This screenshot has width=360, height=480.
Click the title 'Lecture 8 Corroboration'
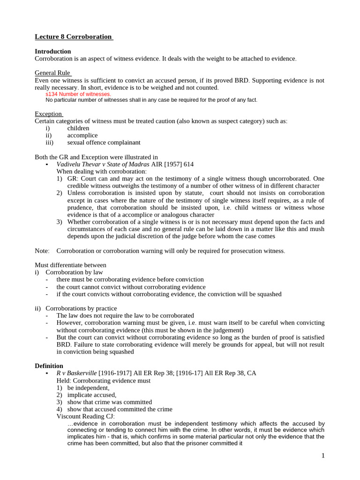pyautogui.click(x=74, y=37)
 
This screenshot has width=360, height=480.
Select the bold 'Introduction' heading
pyautogui.click(x=53, y=51)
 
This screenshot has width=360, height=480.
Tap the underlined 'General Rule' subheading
pyautogui.click(x=52, y=73)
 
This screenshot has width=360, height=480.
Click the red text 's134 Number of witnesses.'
pyautogui.click(x=78, y=94)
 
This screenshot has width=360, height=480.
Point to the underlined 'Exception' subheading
pyautogui.click(x=49, y=114)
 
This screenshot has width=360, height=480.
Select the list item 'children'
pyautogui.click(x=78, y=128)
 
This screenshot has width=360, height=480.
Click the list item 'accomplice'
pyautogui.click(x=82, y=135)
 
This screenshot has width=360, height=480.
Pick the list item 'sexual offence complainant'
pyautogui.click(x=104, y=142)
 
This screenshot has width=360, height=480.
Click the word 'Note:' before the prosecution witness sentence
pyautogui.click(x=42, y=251)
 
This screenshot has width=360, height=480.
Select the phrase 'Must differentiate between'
pyautogui.click(x=70, y=265)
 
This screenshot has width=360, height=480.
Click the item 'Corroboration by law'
pyautogui.click(x=74, y=272)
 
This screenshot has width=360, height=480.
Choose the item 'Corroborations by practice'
pyautogui.click(x=81, y=308)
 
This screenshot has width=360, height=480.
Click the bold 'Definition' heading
pyautogui.click(x=49, y=366)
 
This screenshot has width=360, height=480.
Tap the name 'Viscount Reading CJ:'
pyautogui.click(x=85, y=416)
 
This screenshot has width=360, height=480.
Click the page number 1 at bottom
pyautogui.click(x=323, y=456)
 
